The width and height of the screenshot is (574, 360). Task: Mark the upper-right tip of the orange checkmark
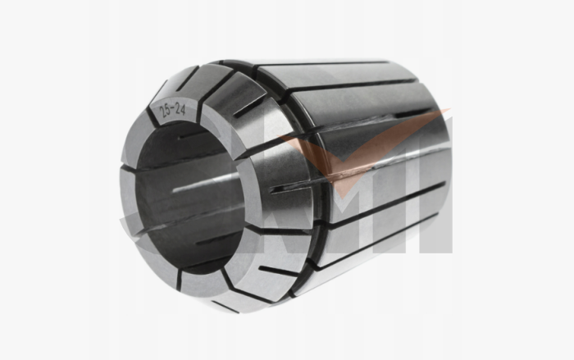[435, 115]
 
